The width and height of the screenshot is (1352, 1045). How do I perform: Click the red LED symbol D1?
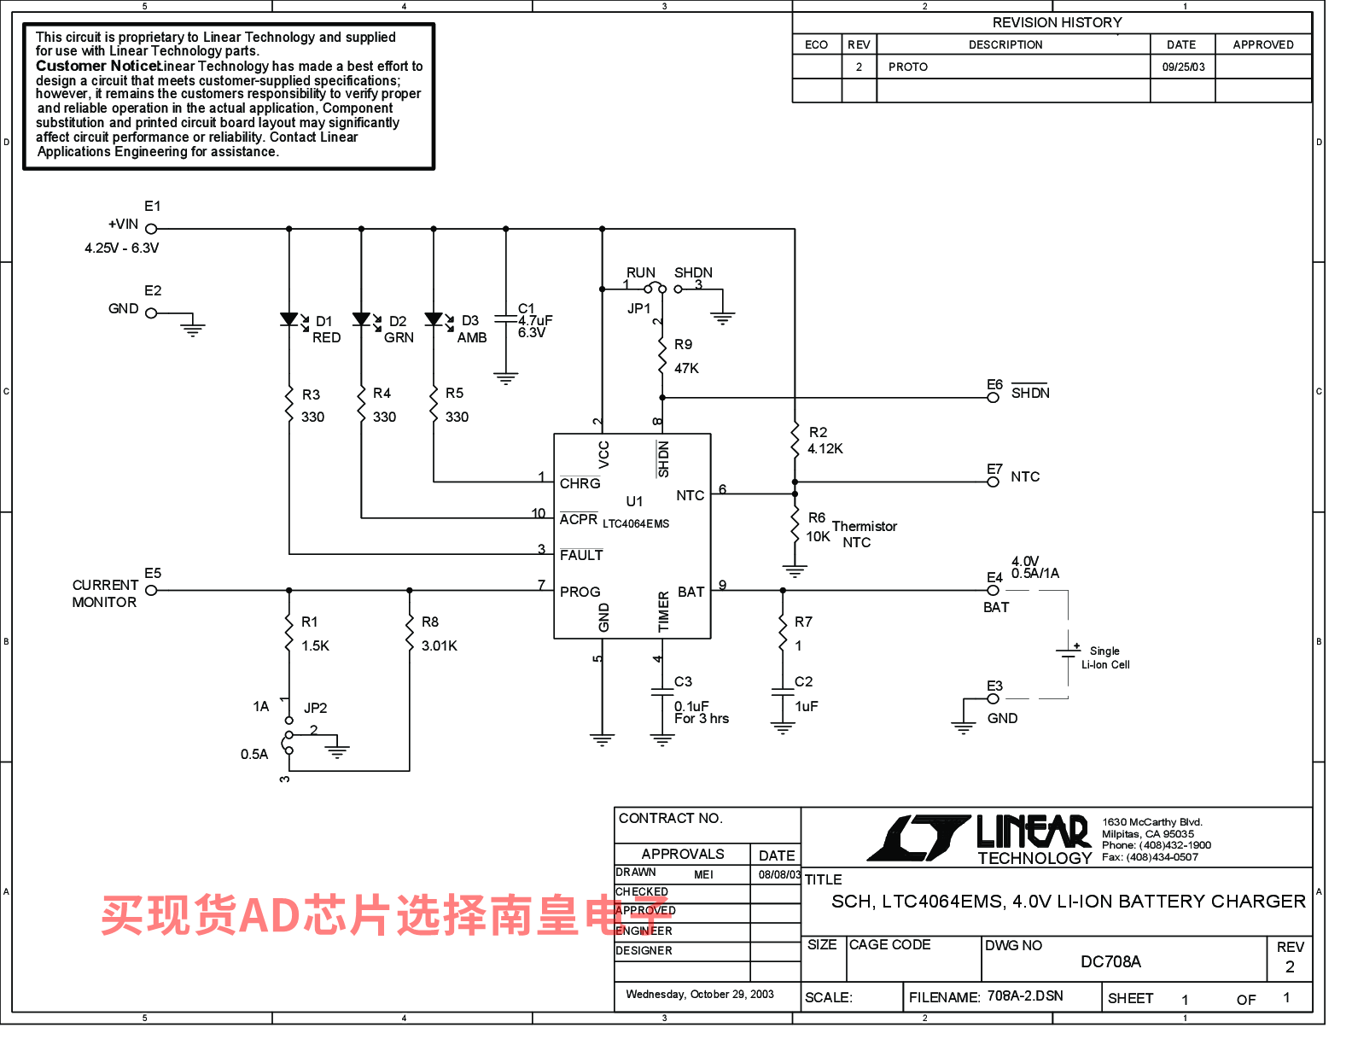coord(289,320)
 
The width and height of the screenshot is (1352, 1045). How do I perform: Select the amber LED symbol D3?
coord(434,320)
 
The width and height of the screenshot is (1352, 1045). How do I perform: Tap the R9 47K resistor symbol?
coord(662,356)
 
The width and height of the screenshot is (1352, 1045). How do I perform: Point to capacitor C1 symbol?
coord(506,320)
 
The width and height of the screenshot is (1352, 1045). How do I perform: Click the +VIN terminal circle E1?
coord(151,229)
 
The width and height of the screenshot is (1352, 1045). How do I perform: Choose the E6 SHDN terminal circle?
coord(993,398)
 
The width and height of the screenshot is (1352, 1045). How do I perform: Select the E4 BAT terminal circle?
coord(993,590)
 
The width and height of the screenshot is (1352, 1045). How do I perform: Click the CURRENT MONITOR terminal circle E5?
coord(151,590)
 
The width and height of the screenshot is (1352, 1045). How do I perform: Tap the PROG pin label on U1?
coord(580,592)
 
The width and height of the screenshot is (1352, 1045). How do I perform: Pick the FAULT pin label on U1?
coord(581,555)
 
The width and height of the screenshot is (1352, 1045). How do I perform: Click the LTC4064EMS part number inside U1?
coord(636,524)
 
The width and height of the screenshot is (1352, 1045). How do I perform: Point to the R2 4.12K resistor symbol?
coord(795,441)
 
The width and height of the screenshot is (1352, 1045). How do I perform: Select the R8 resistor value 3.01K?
coord(440,646)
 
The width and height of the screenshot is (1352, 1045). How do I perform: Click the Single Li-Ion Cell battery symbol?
coord(1068,653)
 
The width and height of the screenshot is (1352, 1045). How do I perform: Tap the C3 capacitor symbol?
coord(662,692)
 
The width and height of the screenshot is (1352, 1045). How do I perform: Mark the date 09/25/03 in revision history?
coord(1183,67)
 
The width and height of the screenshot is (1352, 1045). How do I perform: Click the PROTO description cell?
coord(908,67)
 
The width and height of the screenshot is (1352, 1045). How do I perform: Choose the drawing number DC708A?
coord(1110,962)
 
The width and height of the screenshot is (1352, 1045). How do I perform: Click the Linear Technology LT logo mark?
coord(918,838)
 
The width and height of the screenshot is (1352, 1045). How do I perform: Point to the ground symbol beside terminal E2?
coord(194,328)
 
